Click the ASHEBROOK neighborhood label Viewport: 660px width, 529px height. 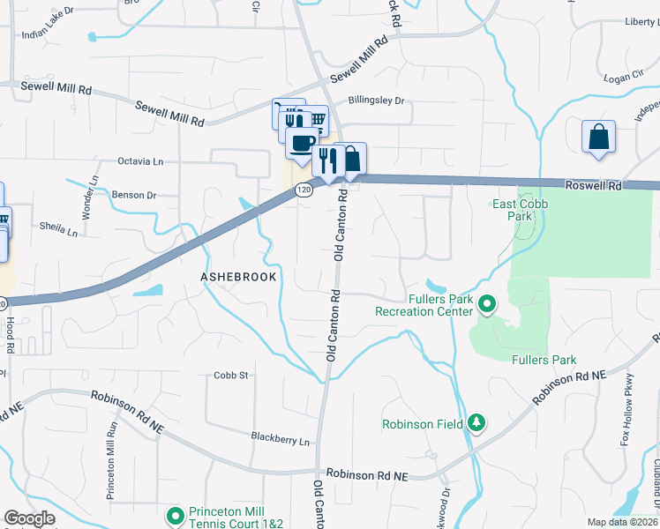238,277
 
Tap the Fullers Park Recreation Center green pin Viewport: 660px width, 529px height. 486,304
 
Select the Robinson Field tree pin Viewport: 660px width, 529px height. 476,422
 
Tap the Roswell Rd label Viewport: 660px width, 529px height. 597,186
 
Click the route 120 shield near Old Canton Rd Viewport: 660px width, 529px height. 304,190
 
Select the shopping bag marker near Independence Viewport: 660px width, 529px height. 598,138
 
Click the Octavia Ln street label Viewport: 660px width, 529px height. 141,162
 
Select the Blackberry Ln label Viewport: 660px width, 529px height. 281,440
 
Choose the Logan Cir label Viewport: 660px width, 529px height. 625,78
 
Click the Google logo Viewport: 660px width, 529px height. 29,518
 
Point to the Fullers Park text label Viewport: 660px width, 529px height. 544,360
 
